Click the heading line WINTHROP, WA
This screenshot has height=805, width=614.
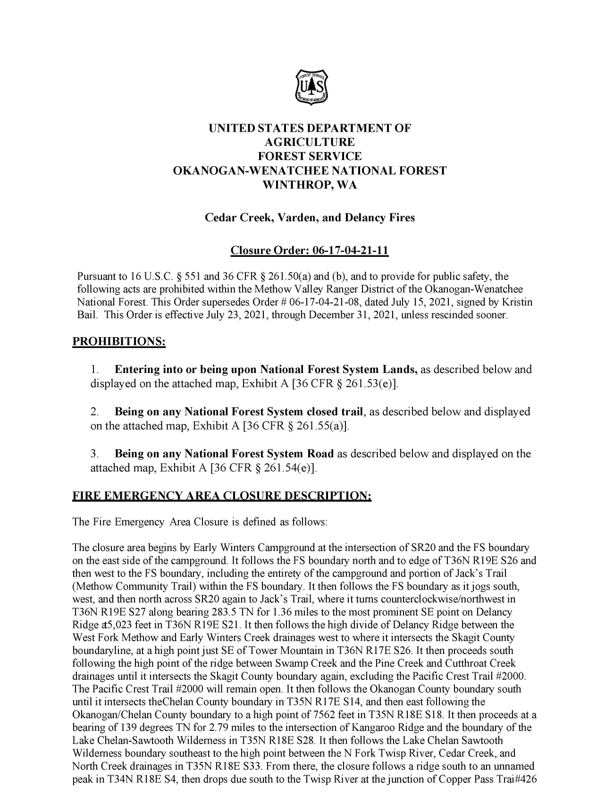click(310, 185)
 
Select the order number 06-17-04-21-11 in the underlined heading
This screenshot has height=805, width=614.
click(351, 250)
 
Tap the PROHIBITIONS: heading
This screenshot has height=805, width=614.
click(119, 341)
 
